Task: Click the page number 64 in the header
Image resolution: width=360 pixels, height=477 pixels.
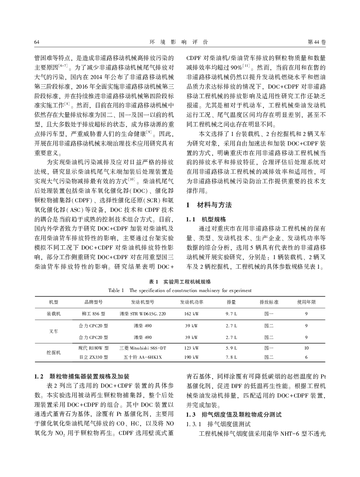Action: point(36,42)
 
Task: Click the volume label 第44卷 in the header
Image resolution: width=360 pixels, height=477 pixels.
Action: point(317,42)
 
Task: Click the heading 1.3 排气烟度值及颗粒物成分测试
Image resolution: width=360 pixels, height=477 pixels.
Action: point(234,415)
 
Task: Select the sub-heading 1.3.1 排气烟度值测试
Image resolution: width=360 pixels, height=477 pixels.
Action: point(218,424)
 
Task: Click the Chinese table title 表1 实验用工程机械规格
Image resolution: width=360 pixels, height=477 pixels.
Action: point(180,282)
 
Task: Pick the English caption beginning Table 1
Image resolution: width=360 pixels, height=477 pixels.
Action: point(180,291)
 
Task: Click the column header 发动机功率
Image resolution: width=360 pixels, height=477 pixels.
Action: point(192,302)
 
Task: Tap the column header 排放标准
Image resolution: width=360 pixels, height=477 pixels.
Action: point(269,302)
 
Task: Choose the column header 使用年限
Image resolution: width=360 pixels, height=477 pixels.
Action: point(306,302)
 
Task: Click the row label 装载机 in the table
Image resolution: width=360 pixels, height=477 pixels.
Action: point(54,314)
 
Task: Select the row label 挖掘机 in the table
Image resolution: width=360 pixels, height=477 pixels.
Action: point(54,352)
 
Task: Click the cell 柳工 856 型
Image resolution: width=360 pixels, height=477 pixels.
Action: point(93,314)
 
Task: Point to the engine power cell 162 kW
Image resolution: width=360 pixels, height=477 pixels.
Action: point(192,314)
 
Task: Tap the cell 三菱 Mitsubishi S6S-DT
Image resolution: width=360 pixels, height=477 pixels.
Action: point(143,348)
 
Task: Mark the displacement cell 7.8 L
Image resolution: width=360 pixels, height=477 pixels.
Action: point(232,357)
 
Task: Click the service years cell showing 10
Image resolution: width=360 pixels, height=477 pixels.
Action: point(306,348)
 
